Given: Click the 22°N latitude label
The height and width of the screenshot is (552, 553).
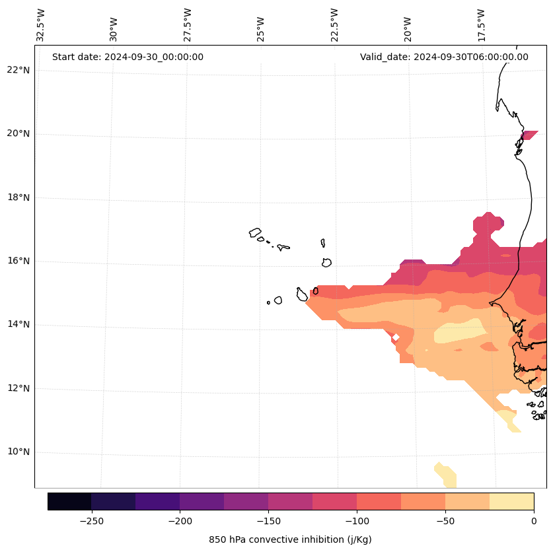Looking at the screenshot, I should pyautogui.click(x=18, y=70).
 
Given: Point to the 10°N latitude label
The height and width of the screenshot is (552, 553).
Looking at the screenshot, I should pyautogui.click(x=18, y=452).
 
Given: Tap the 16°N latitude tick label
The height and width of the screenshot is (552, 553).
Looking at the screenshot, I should pyautogui.click(x=18, y=261).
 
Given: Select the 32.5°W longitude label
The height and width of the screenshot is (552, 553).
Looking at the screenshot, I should pyautogui.click(x=41, y=25).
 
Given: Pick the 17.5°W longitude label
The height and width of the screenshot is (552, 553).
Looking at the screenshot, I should pyautogui.click(x=481, y=25).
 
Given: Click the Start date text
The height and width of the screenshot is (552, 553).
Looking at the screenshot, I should pyautogui.click(x=128, y=57).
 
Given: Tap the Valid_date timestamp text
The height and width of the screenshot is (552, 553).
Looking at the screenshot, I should pyautogui.click(x=444, y=57).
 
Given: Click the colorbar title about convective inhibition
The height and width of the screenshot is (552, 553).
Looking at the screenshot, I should pyautogui.click(x=290, y=539).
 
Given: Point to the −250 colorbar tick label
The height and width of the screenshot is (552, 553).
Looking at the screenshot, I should pyautogui.click(x=91, y=521).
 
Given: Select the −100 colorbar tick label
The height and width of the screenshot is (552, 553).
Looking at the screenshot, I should pyautogui.click(x=357, y=521).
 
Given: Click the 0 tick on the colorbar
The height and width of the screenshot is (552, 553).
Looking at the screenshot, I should pyautogui.click(x=534, y=521).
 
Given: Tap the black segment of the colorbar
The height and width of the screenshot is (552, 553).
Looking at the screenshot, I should pyautogui.click(x=69, y=501).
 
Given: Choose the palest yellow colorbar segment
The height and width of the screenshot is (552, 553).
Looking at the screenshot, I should pyautogui.click(x=511, y=501).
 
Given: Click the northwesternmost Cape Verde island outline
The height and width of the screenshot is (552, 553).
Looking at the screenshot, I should pyautogui.click(x=255, y=232).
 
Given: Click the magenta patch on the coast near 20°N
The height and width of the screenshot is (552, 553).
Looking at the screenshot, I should pyautogui.click(x=529, y=135).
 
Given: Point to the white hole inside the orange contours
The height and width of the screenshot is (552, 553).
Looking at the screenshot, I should pyautogui.click(x=396, y=337).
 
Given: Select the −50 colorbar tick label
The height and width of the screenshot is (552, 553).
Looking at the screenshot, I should pyautogui.click(x=445, y=521).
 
